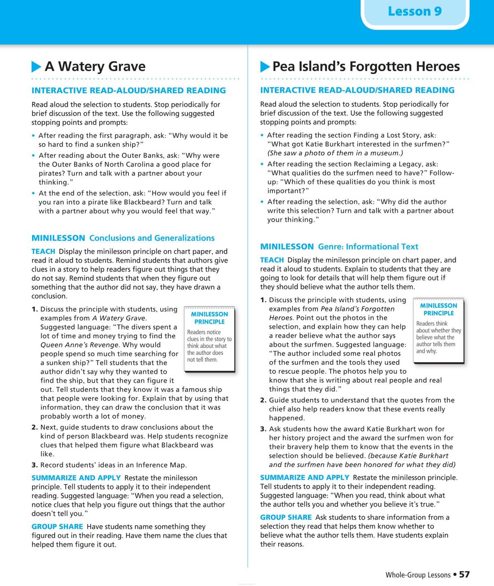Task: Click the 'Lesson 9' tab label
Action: (x=415, y=11)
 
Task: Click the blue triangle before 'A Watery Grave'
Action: (x=36, y=67)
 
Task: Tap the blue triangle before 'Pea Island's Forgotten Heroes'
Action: (x=265, y=67)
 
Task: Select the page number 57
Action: (x=464, y=574)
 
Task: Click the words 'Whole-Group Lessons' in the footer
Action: (x=418, y=575)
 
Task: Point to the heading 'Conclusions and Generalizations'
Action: (x=152, y=238)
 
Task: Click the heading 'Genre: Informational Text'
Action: (x=368, y=247)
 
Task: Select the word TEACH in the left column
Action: (x=43, y=251)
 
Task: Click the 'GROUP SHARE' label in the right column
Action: (x=286, y=517)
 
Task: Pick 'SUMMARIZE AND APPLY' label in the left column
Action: (x=76, y=478)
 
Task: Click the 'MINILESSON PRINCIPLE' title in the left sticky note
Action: (x=209, y=318)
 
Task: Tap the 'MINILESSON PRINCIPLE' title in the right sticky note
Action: (x=438, y=309)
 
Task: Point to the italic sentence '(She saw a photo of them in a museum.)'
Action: (x=335, y=153)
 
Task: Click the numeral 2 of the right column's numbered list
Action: (x=263, y=400)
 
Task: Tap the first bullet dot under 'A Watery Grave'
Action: (x=33, y=136)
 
